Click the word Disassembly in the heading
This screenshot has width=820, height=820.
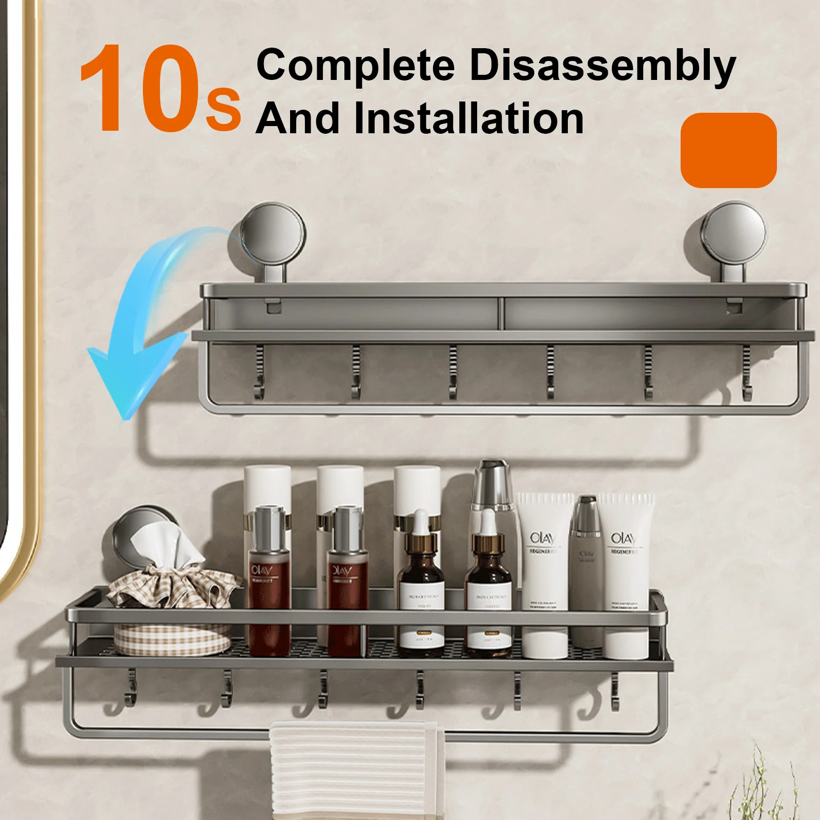tap(603, 67)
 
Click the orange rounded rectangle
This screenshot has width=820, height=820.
tap(728, 150)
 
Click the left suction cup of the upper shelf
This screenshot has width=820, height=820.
tap(273, 236)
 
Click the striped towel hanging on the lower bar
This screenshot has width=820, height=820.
tap(357, 769)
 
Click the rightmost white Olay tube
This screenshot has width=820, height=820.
tap(626, 574)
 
